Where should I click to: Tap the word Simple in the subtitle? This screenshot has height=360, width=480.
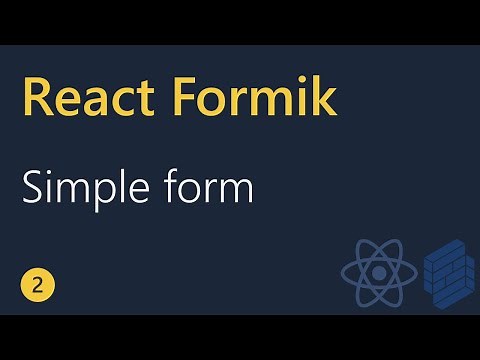80,187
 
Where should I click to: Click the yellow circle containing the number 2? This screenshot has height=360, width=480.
37,285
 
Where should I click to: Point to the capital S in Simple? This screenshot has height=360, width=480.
33,187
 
